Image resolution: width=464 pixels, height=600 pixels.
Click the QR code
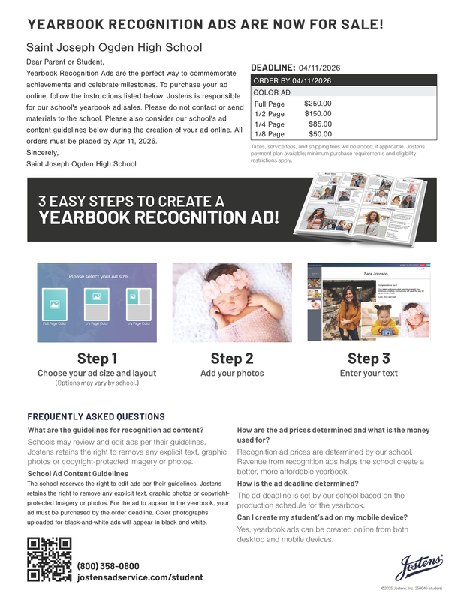click(50, 561)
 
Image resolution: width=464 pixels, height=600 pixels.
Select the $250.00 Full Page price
click(318, 103)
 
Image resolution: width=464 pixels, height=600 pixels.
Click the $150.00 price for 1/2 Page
click(318, 114)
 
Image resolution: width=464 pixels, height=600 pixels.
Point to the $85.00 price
click(320, 124)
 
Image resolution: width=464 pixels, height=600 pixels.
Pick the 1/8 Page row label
click(270, 134)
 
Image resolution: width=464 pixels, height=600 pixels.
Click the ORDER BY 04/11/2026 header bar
click(343, 80)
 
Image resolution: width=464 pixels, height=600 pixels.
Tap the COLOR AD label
click(272, 92)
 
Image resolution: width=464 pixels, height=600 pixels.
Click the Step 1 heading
click(97, 358)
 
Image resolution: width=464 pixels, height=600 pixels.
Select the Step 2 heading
click(232, 358)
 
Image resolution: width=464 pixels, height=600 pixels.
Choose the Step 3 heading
click(369, 358)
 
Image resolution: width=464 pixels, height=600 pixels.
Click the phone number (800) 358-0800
click(108, 565)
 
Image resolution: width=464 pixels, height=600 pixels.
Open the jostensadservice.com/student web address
click(140, 577)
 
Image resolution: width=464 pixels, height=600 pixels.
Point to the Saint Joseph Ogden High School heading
click(114, 47)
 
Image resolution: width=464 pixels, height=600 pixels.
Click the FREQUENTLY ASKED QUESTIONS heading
click(96, 416)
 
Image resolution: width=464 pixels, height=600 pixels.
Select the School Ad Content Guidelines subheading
click(78, 474)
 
